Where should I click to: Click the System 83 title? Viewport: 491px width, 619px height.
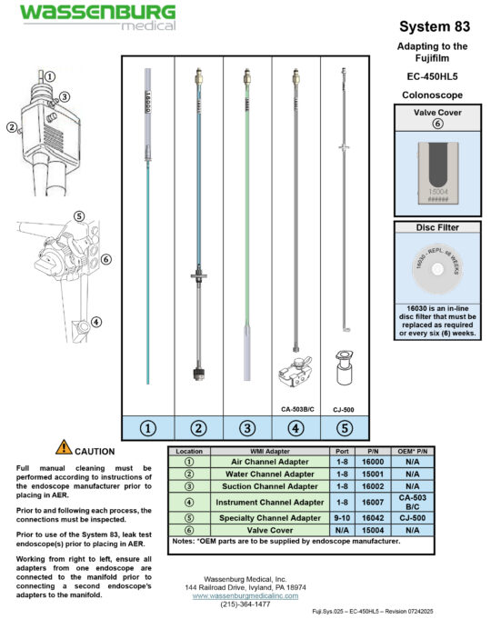[433, 27]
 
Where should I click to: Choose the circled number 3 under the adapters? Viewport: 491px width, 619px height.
[246, 426]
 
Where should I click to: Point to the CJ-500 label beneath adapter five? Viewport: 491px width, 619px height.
[345, 409]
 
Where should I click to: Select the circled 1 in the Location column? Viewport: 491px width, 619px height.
[189, 462]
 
